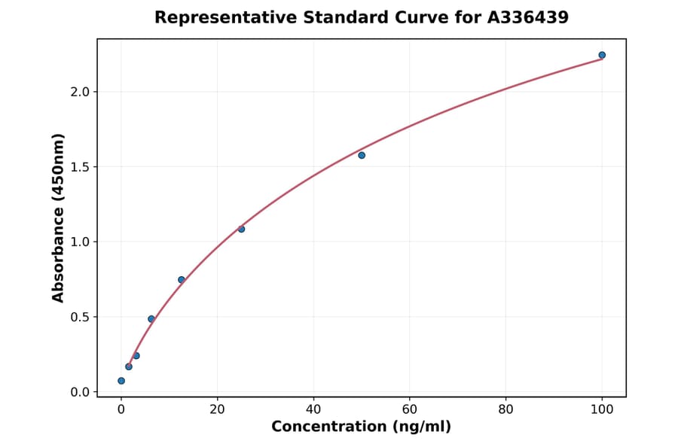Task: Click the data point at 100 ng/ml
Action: click(x=602, y=55)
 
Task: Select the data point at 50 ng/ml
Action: click(x=362, y=155)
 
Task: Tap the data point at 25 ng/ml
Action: click(x=241, y=229)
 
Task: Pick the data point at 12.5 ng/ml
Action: click(x=182, y=280)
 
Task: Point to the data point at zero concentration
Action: click(x=121, y=381)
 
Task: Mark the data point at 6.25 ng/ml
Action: click(x=151, y=319)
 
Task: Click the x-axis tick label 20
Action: click(x=217, y=409)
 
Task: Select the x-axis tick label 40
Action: click(x=313, y=409)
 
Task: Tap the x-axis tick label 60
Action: click(x=410, y=409)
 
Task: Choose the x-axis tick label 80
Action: click(x=505, y=409)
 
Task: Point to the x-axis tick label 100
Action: click(x=602, y=409)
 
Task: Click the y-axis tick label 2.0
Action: click(x=81, y=92)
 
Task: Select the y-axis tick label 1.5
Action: click(x=81, y=167)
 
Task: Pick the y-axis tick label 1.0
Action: click(x=81, y=242)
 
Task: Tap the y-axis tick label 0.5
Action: click(x=81, y=317)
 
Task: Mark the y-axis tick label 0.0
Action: click(x=81, y=392)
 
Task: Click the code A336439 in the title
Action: click(x=524, y=17)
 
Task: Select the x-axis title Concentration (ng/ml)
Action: click(x=361, y=427)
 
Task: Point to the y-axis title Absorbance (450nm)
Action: click(x=58, y=218)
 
